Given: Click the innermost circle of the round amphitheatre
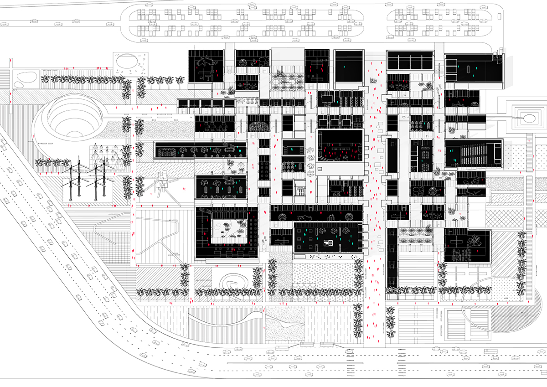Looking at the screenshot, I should click(72, 120).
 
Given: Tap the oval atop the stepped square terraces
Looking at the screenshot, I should click(529, 118).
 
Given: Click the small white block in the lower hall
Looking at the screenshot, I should click(327, 243).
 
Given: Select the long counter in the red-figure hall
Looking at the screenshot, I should click(340, 148).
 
